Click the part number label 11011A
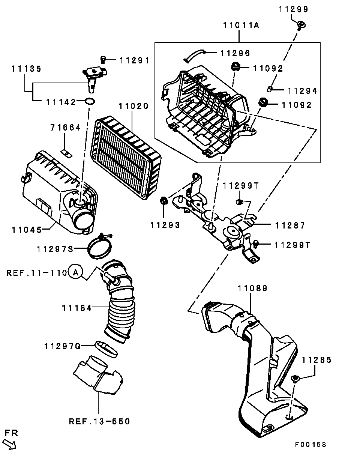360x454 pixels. [x=241, y=26]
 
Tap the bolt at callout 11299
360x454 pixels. [x=300, y=26]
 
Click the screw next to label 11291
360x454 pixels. [x=103, y=59]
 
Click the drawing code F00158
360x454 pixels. [x=310, y=445]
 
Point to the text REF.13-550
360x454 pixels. [x=100, y=421]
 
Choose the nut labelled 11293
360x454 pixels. [x=163, y=201]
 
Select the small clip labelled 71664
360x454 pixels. [x=66, y=153]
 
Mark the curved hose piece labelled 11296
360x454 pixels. [x=195, y=55]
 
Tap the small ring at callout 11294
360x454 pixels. [x=270, y=89]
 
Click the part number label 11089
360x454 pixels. [x=252, y=288]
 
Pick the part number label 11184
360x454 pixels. [x=76, y=308]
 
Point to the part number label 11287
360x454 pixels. [x=290, y=225]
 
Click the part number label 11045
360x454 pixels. [x=27, y=229]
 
